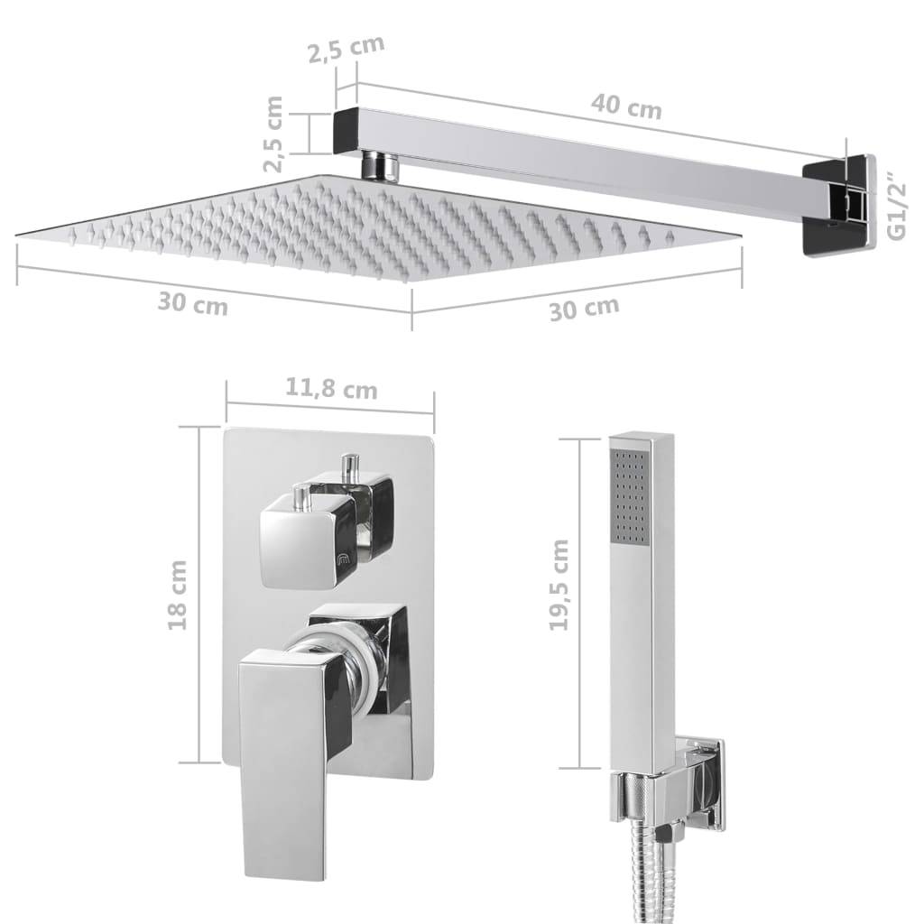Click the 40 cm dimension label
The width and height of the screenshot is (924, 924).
tap(626, 107)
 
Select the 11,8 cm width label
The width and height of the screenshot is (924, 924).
tap(331, 390)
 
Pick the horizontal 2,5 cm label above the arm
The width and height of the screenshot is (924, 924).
tap(346, 51)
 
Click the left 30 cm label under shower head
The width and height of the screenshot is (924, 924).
tap(192, 304)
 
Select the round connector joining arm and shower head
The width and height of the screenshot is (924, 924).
tap(382, 166)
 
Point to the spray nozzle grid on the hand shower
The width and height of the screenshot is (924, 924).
tap(630, 496)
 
